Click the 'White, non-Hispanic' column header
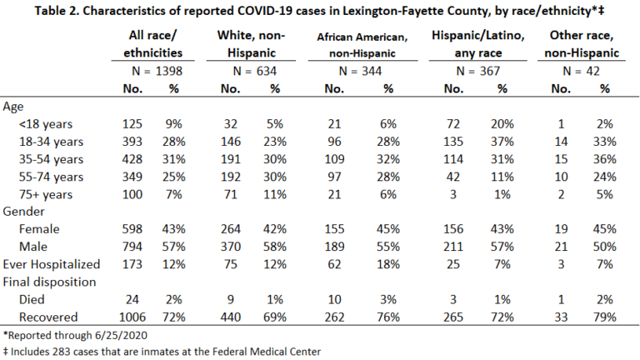click(x=251, y=44)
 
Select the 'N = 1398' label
click(x=157, y=72)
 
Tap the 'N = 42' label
click(x=581, y=72)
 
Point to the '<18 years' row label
click(x=46, y=124)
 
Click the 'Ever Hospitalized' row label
click(x=52, y=264)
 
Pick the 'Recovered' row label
click(x=48, y=317)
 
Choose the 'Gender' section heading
click(x=23, y=212)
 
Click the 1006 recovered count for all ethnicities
click(x=132, y=317)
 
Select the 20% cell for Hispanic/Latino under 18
click(x=502, y=124)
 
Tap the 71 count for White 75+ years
click(x=231, y=194)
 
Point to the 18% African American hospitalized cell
click(x=388, y=264)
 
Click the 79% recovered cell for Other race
click(x=604, y=317)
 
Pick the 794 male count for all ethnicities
click(x=132, y=247)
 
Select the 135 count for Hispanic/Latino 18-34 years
click(x=453, y=142)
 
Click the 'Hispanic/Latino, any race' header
click(x=478, y=44)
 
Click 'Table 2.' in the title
click(x=57, y=11)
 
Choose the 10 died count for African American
click(x=335, y=300)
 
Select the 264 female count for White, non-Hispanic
click(x=231, y=229)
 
